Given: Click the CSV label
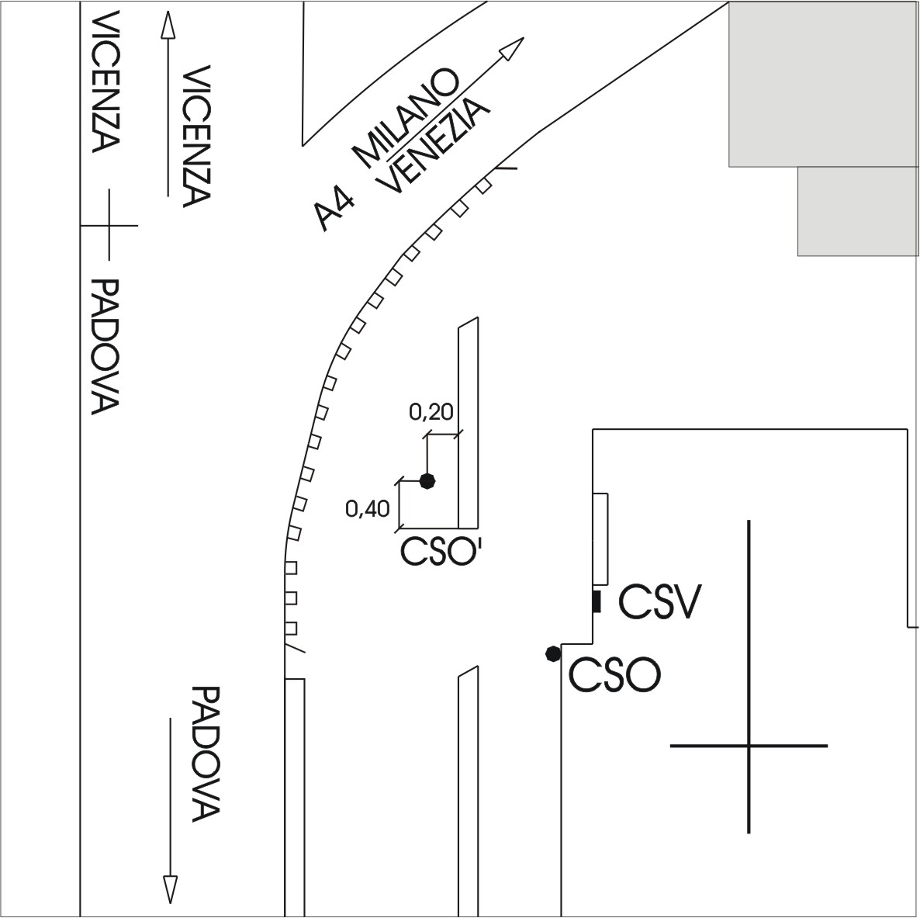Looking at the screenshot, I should (660, 603).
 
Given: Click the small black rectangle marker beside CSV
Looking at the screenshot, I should (597, 601).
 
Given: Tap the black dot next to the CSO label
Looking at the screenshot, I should (552, 654).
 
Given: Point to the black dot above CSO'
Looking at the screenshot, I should (427, 481).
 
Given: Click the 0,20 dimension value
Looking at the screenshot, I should (431, 412).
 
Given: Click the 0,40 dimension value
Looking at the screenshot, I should (367, 509).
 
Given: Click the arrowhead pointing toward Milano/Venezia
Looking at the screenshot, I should (512, 49).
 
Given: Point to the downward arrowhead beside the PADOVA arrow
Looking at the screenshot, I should (170, 889).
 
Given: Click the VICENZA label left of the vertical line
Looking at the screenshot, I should (106, 82).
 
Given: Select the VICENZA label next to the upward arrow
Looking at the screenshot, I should (197, 137).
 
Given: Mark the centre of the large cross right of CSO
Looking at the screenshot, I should (749, 746).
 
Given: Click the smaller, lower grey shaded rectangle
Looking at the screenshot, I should (857, 210).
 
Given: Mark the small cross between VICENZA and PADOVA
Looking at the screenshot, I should (109, 225).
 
